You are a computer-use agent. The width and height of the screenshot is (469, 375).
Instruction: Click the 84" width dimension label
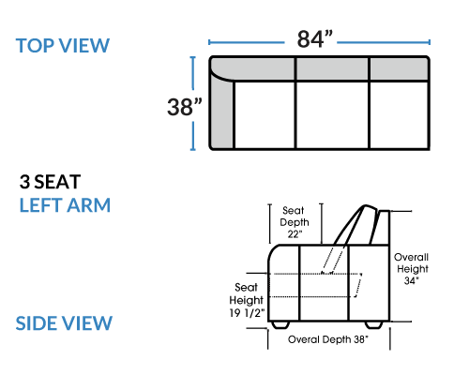tap(315, 39)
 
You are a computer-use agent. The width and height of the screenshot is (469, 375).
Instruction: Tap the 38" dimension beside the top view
tap(185, 107)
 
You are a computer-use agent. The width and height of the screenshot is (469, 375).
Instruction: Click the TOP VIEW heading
tap(63, 46)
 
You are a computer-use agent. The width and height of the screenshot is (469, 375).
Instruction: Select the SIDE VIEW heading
tap(64, 323)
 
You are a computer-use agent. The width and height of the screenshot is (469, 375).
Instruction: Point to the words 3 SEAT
tap(51, 182)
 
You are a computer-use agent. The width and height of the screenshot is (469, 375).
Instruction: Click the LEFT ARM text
tap(65, 205)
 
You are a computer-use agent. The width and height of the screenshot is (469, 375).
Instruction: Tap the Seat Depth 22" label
tap(295, 222)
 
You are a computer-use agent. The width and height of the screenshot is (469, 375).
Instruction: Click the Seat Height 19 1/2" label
tap(247, 300)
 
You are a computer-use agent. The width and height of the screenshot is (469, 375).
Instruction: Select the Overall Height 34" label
tap(411, 269)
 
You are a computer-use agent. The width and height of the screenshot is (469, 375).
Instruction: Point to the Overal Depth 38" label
tap(328, 339)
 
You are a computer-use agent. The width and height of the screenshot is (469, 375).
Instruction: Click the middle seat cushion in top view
tap(332, 114)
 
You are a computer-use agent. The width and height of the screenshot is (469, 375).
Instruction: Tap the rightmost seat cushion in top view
tap(399, 114)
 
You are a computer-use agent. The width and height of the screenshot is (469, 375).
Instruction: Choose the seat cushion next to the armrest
tap(265, 114)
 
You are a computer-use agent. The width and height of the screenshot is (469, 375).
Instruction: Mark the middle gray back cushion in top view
tap(332, 68)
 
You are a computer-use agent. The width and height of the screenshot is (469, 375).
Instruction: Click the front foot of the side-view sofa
tap(280, 325)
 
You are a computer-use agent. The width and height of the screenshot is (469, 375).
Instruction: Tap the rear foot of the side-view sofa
tap(374, 325)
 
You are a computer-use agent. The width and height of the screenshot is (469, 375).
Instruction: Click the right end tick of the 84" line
tap(430, 42)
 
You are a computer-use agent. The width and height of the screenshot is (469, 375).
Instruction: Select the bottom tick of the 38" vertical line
tap(193, 150)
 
